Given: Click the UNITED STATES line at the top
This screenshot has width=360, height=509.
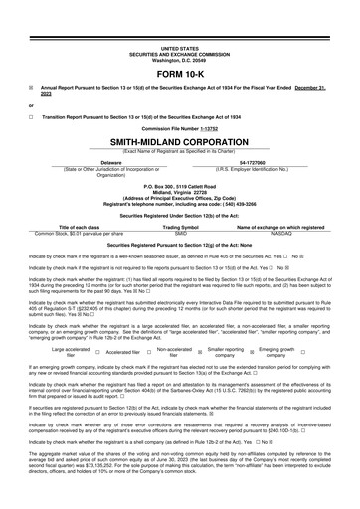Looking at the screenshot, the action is click(x=179, y=47).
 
